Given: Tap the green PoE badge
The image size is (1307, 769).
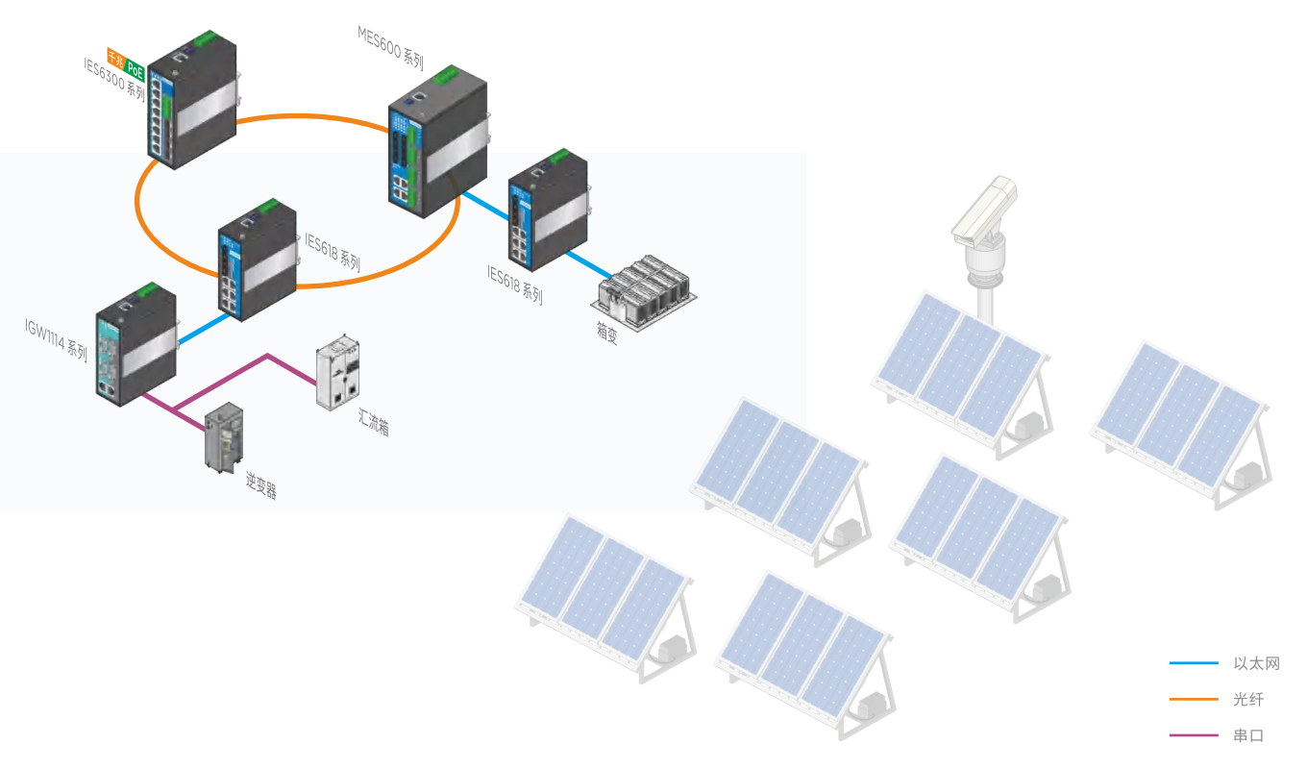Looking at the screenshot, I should (x=136, y=69).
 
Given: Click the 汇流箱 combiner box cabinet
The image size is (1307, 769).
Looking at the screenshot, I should (x=338, y=374).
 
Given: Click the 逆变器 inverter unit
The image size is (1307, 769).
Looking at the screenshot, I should (x=223, y=438).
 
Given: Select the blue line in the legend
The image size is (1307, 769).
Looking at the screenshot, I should (x=1194, y=663).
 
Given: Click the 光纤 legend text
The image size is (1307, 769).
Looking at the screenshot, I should (x=1248, y=700).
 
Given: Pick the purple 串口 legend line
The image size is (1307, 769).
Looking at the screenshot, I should (x=1194, y=736).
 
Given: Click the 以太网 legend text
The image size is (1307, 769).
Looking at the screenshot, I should (x=1256, y=663).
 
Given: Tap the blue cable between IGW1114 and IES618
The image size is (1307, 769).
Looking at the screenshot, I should (x=203, y=328).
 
